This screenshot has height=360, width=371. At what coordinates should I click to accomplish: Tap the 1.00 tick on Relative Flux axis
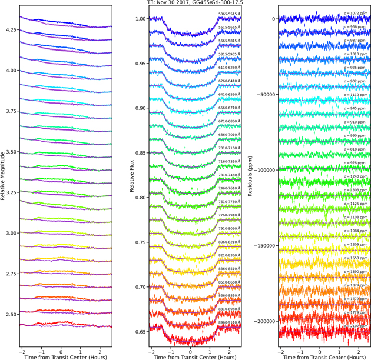tap(140, 19)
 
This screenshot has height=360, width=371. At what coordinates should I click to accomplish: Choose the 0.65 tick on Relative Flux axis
tap(140, 332)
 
